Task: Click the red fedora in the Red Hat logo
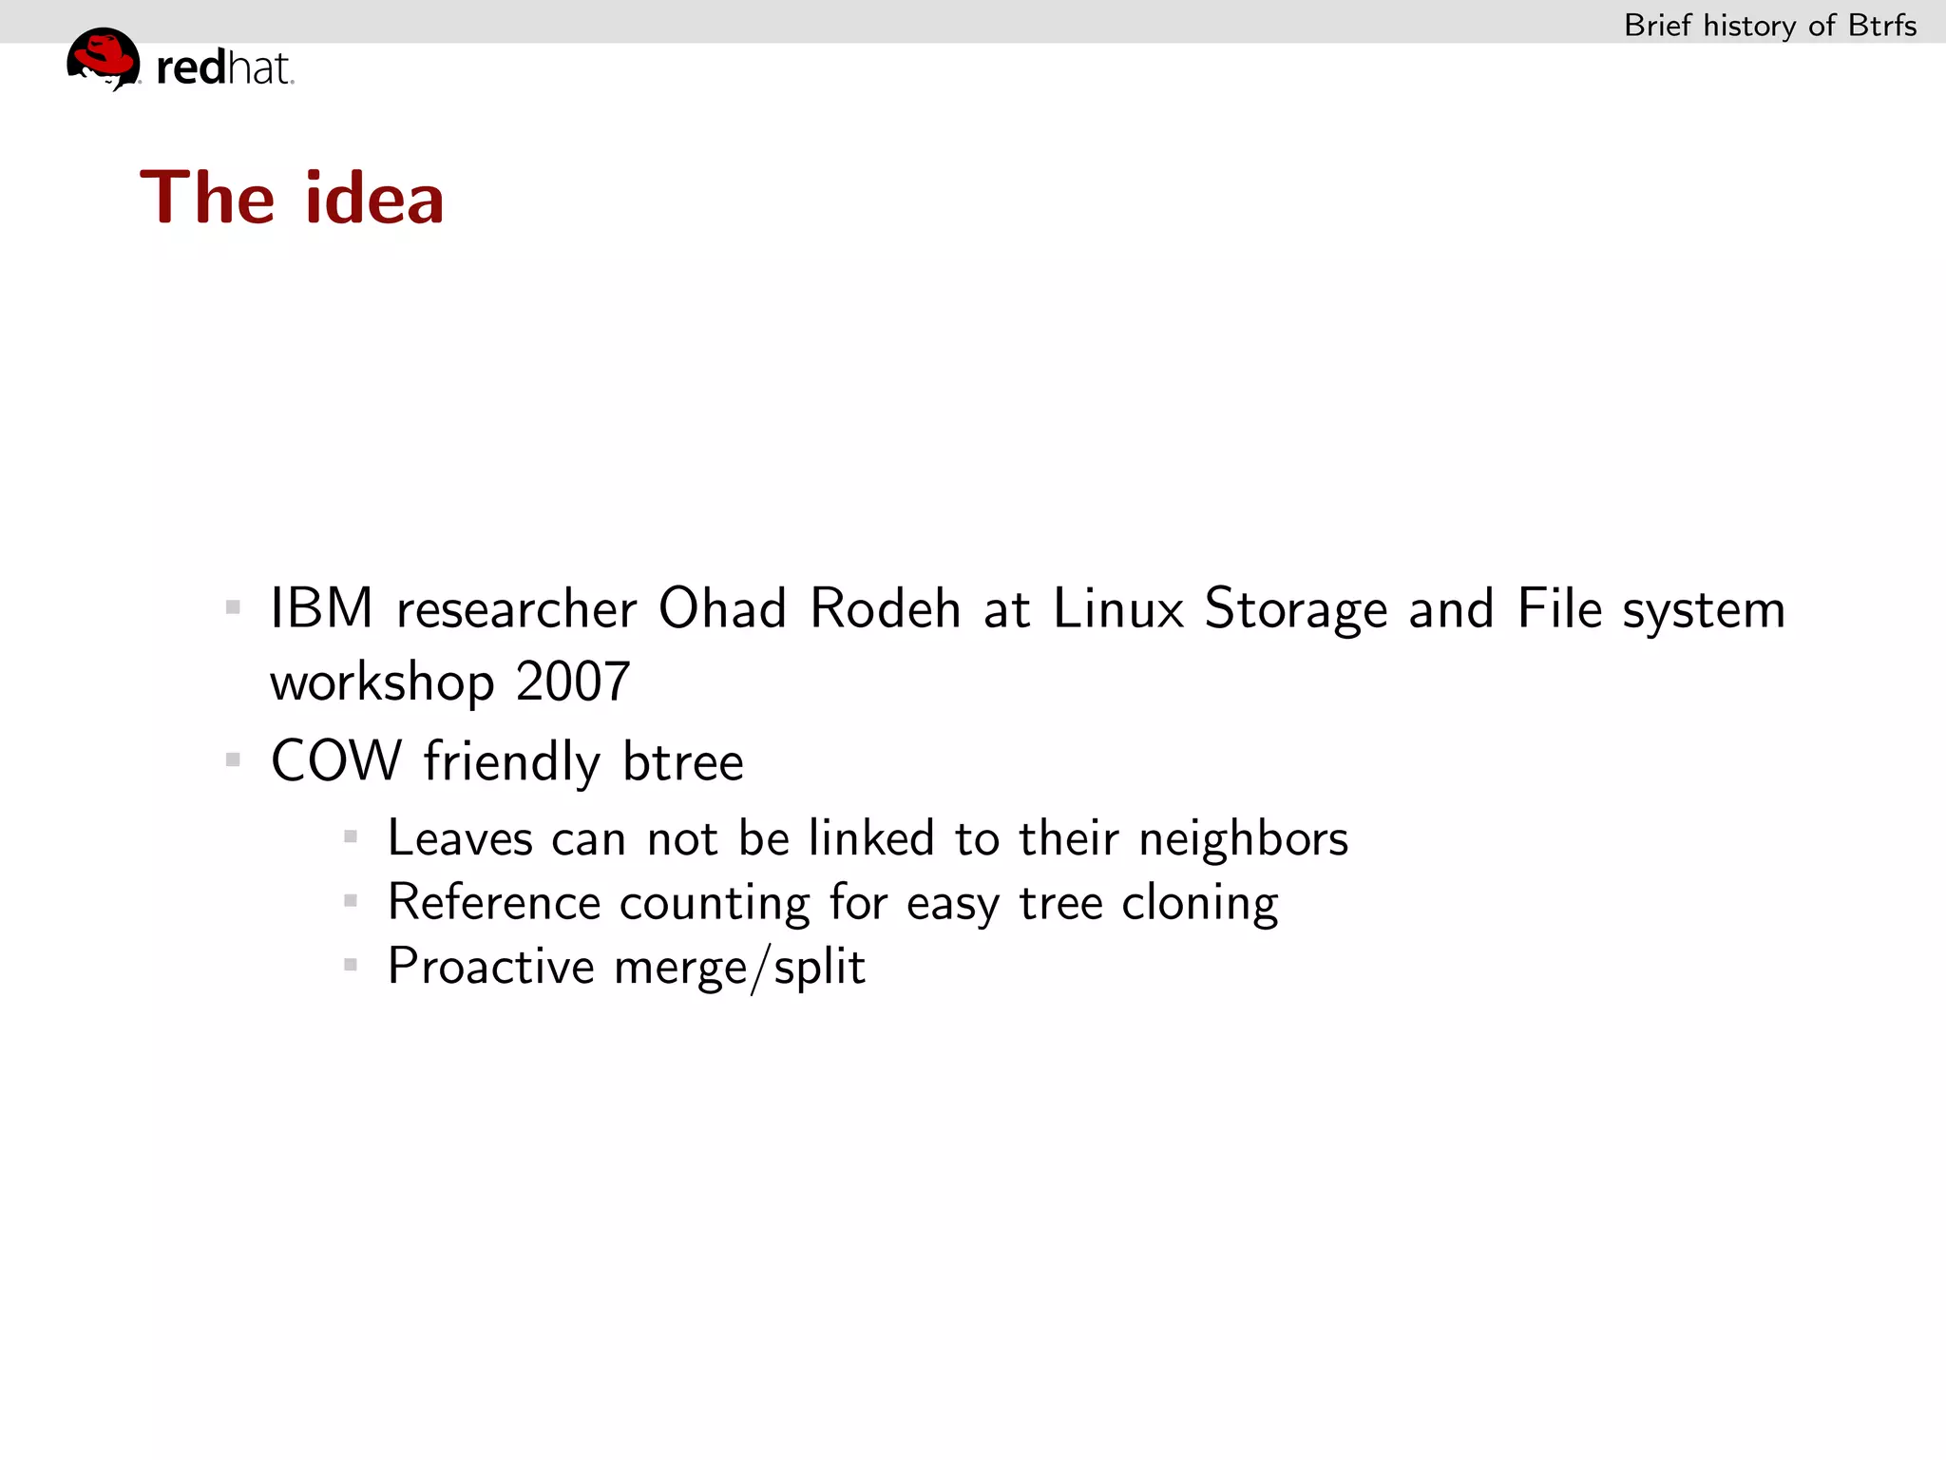coord(104,54)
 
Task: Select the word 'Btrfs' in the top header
coord(1881,26)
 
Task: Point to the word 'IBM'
coord(321,608)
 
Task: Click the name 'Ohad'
coord(722,608)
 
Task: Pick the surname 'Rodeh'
coord(885,608)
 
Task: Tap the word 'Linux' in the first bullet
coord(1118,608)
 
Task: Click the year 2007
coord(573,682)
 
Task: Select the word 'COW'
coord(336,761)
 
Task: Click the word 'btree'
coord(682,761)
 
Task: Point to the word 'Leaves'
coord(460,838)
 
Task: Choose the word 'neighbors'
coord(1243,838)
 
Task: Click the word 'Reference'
coord(494,902)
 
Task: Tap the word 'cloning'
coord(1199,904)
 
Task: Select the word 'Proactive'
coord(490,967)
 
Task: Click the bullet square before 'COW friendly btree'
coord(233,759)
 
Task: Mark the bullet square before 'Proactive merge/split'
coord(351,965)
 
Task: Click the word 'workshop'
coord(382,682)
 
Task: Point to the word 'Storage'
coord(1295,610)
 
